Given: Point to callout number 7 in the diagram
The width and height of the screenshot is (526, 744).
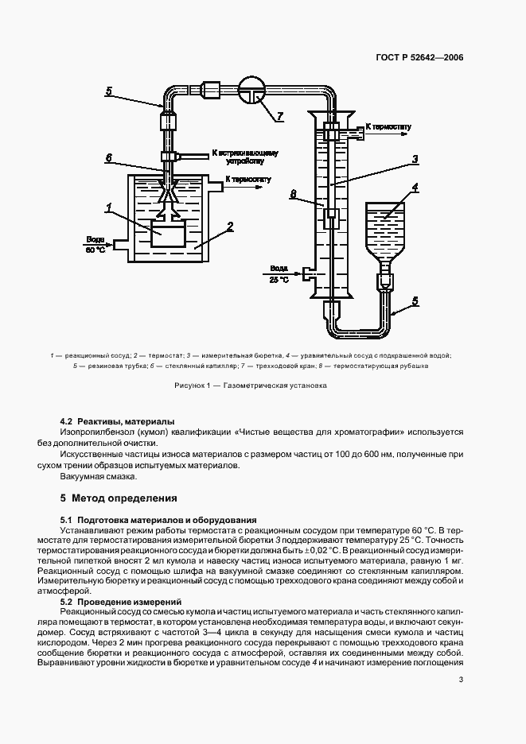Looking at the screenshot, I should [x=279, y=116].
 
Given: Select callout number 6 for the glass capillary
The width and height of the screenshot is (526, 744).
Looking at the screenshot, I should [x=109, y=157].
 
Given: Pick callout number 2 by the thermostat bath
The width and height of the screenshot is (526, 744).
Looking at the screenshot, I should [x=230, y=227].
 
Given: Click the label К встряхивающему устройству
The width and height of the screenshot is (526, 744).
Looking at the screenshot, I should [x=243, y=157].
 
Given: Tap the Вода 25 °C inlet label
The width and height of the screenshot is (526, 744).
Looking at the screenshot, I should [x=279, y=273].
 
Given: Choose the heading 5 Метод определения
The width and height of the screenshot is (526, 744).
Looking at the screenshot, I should [x=118, y=498].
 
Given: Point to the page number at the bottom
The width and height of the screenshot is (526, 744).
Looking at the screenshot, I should [x=461, y=679].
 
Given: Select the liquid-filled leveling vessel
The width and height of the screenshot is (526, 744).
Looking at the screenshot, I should [x=384, y=224].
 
